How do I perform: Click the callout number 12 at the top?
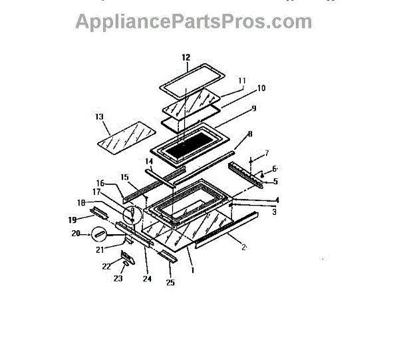(x=186, y=57)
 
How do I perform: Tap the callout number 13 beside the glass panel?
(x=100, y=116)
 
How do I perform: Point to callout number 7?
(x=267, y=154)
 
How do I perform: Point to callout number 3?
(x=273, y=212)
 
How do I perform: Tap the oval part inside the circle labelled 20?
(x=100, y=234)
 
